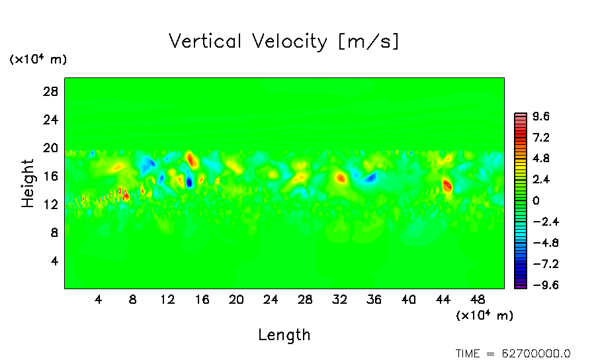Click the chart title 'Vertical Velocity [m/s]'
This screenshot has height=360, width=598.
(284, 42)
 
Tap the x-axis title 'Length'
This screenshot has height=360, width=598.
(284, 335)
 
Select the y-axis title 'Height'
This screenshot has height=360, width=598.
(28, 183)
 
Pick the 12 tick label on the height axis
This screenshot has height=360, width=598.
(52, 204)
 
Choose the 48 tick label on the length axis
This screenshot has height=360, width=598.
(443, 299)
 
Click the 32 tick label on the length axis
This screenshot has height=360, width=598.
(340, 299)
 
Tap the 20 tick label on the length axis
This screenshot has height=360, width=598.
(236, 299)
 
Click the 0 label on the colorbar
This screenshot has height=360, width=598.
(536, 201)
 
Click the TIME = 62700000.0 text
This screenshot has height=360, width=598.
(513, 353)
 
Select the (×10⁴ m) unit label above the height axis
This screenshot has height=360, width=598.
(38, 60)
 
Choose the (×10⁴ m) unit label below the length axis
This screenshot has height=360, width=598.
(485, 316)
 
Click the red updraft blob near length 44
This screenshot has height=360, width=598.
(447, 186)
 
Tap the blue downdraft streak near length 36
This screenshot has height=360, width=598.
(368, 177)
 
